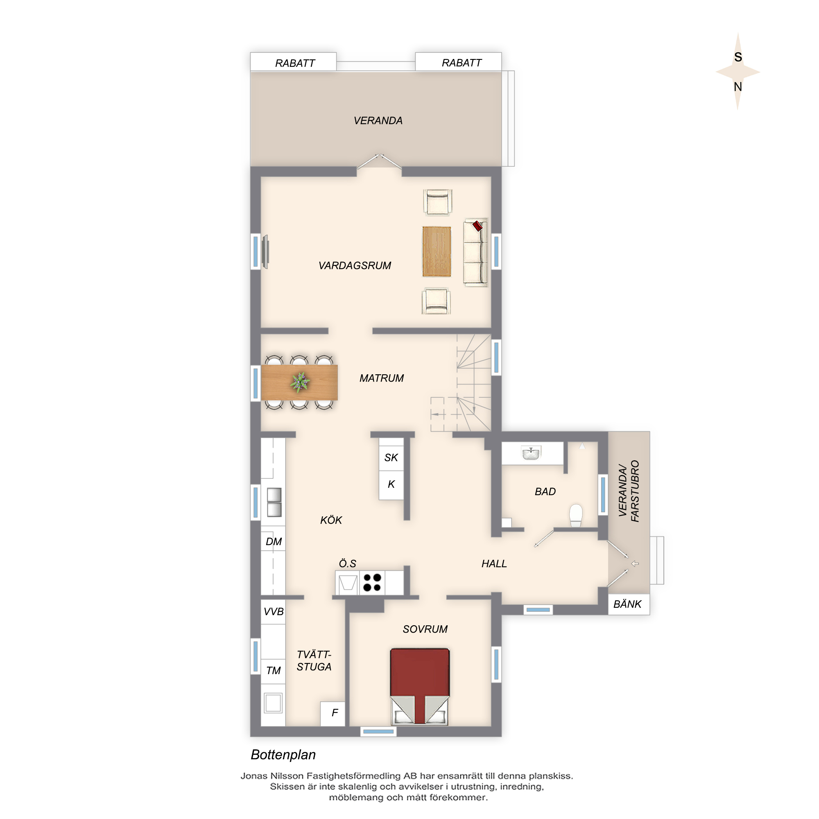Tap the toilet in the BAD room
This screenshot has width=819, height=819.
[x=576, y=515]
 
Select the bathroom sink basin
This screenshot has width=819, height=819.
[x=531, y=453]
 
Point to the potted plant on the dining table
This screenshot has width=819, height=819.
[x=300, y=382]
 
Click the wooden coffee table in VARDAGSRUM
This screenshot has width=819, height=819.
[x=437, y=251]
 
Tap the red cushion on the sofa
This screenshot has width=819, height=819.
[x=477, y=226]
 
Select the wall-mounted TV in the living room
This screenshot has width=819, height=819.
[x=265, y=252]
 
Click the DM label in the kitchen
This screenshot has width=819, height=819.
[x=274, y=541]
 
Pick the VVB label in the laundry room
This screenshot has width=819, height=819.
[x=274, y=611]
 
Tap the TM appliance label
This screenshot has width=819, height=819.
[x=274, y=670]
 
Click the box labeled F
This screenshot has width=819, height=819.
[x=333, y=714]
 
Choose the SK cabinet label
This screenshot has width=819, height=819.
[x=391, y=457]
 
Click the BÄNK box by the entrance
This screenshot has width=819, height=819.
[x=629, y=604]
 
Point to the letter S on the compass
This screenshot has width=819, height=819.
[x=738, y=57]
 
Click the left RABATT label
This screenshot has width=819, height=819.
[x=295, y=63]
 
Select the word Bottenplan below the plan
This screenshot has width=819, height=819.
[x=283, y=754]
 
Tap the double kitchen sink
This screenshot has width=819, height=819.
[x=274, y=502]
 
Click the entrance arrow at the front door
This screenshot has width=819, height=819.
[x=635, y=563]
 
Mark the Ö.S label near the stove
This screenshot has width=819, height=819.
[x=347, y=563]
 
